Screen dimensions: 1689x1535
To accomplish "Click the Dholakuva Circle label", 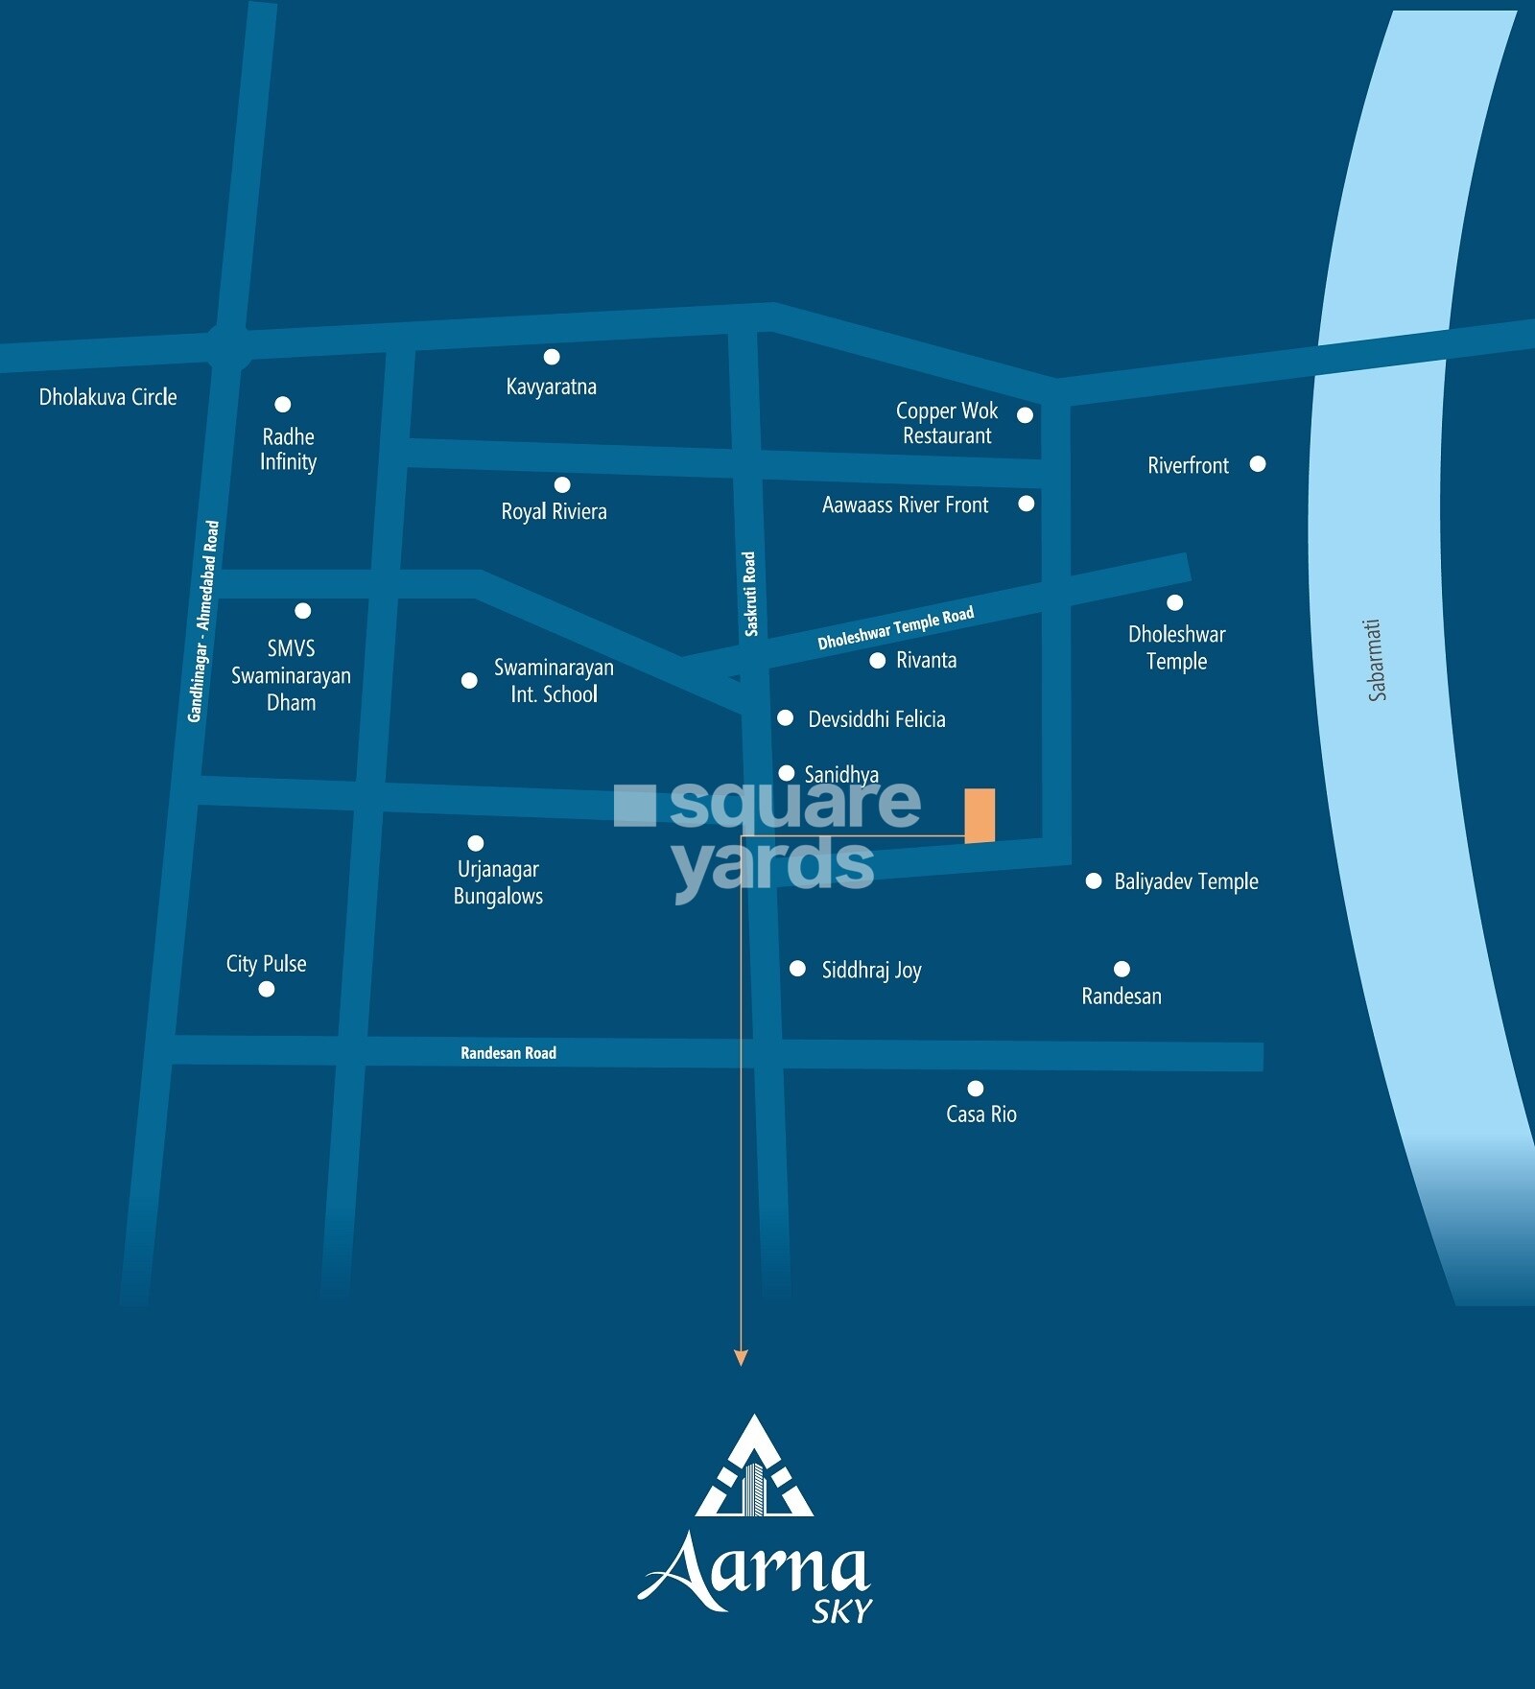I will [107, 397].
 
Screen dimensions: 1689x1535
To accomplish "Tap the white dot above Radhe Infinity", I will [282, 405].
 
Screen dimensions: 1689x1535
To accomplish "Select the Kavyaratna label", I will [551, 387].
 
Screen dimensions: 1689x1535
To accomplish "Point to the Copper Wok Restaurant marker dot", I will [1025, 415].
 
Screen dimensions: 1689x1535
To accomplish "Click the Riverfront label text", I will [1188, 466].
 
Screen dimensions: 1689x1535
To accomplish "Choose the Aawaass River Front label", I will [905, 505].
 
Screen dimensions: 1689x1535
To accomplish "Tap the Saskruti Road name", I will [750, 594].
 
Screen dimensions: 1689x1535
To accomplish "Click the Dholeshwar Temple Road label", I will [895, 628].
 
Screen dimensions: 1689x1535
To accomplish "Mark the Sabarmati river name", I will [1376, 660].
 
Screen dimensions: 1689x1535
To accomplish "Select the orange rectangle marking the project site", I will [980, 815].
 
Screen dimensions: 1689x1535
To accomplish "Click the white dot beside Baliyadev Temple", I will [1094, 880].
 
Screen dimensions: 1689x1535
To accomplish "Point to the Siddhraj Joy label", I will [871, 971].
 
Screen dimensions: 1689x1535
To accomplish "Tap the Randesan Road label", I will [508, 1053].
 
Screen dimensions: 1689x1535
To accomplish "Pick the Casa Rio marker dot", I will [976, 1088].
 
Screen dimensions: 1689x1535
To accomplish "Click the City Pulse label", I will [266, 964].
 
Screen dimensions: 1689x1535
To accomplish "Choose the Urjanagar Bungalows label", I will [498, 882].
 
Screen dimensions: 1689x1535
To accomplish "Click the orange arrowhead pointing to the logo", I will [740, 1358].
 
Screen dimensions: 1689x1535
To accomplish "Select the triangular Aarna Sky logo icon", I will [754, 1468].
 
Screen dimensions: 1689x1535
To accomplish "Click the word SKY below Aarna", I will [841, 1612].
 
